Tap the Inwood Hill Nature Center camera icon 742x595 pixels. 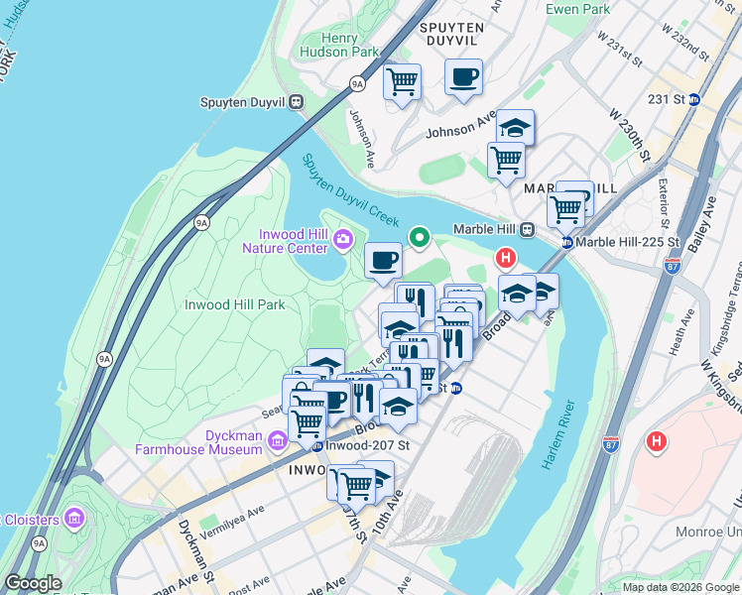click(343, 238)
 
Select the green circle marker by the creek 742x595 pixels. click(420, 237)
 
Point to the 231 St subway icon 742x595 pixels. click(694, 99)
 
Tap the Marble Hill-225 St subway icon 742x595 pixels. click(565, 242)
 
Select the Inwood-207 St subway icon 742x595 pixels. click(316, 445)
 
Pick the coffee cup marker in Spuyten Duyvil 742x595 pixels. click(463, 76)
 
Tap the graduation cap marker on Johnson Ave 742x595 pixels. click(515, 127)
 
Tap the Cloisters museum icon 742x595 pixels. click(73, 518)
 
